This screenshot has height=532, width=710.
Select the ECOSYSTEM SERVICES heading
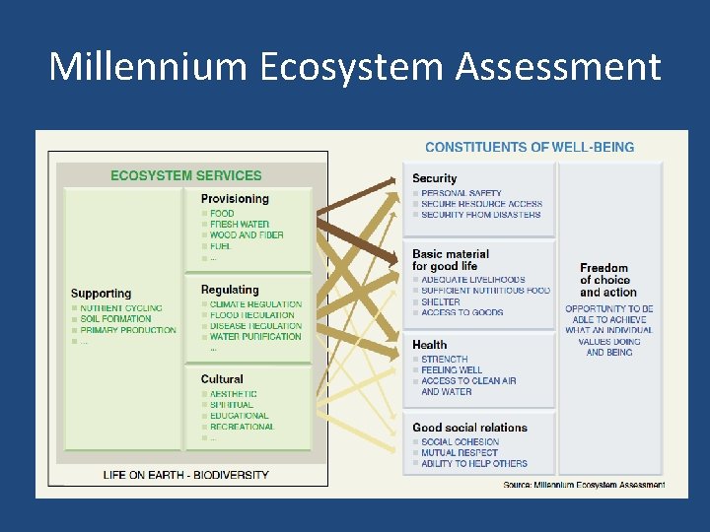click(x=185, y=176)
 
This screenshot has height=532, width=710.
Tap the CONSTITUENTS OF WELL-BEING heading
click(x=530, y=147)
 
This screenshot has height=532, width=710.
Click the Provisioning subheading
click(x=235, y=198)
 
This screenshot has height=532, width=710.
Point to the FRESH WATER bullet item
click(x=239, y=225)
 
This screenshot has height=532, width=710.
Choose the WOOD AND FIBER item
click(x=247, y=235)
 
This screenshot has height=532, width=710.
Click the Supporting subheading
click(x=101, y=294)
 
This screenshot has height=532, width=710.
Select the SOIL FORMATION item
click(x=115, y=319)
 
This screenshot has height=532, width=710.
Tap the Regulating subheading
click(x=230, y=290)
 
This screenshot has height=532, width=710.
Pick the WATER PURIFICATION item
click(x=255, y=337)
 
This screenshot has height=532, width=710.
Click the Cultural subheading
click(x=222, y=379)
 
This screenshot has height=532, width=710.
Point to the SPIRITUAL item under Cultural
click(x=232, y=405)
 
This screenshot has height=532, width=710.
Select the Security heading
click(x=434, y=178)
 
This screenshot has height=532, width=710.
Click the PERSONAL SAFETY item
click(x=461, y=193)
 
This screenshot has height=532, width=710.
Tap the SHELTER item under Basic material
click(x=441, y=302)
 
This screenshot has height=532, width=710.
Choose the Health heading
click(x=429, y=345)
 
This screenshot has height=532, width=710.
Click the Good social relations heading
click(x=469, y=428)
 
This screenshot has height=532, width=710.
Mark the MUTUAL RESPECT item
click(x=460, y=453)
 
